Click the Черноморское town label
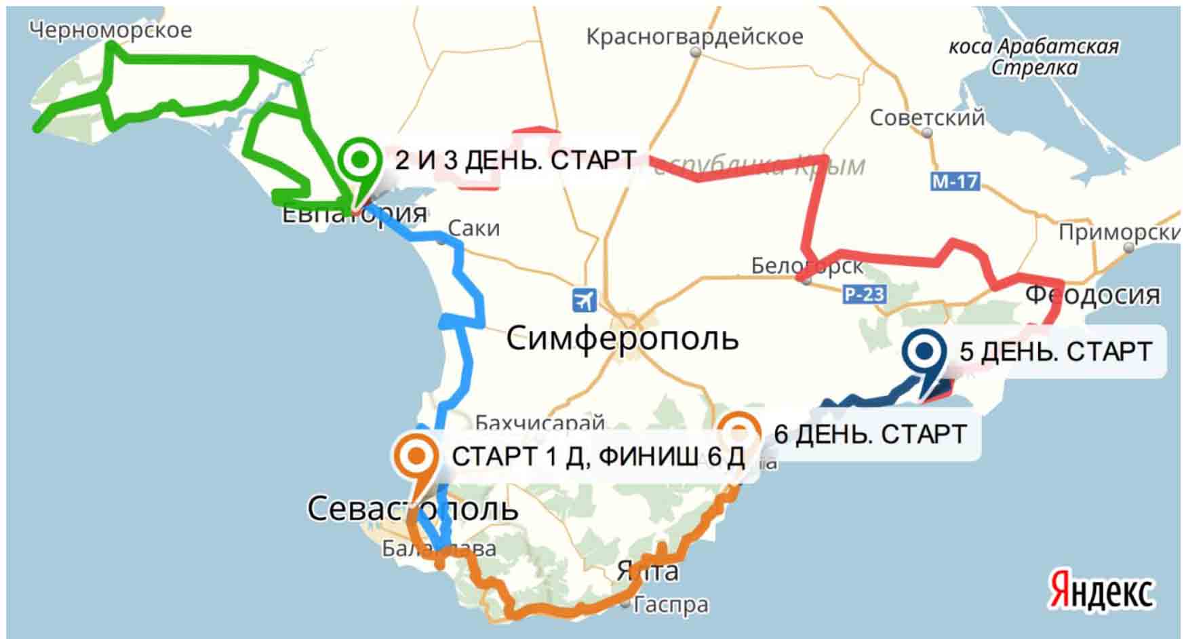pyautogui.click(x=111, y=30)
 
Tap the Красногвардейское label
pyautogui.click(x=694, y=37)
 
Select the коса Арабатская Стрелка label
pyautogui.click(x=1033, y=57)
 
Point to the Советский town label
pyautogui.click(x=926, y=118)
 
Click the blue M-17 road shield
pyautogui.click(x=955, y=181)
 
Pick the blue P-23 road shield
pyautogui.click(x=865, y=294)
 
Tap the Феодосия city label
pyautogui.click(x=1092, y=295)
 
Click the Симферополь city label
pyautogui.click(x=622, y=337)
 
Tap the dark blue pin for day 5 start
pyautogui.click(x=925, y=353)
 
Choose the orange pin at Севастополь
pyautogui.click(x=415, y=457)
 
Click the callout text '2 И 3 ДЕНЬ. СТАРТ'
pyautogui.click(x=515, y=160)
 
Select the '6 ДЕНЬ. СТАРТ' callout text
pyautogui.click(x=869, y=433)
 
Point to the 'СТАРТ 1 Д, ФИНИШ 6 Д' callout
pyautogui.click(x=597, y=457)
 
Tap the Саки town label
pyautogui.click(x=474, y=229)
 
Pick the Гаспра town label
pyautogui.click(x=671, y=604)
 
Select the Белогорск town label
pyautogui.click(x=807, y=266)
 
